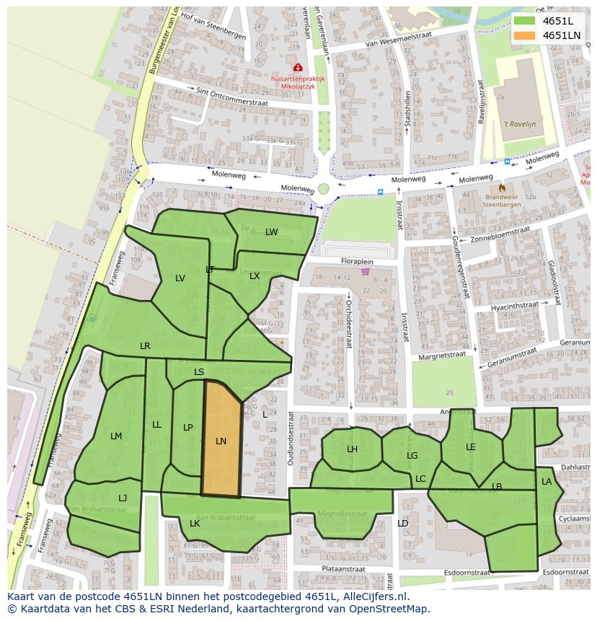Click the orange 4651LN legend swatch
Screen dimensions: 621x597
(x=526, y=35)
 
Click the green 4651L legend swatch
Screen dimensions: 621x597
(x=526, y=21)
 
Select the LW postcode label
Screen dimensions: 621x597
(x=271, y=232)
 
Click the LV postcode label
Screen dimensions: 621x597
(x=180, y=278)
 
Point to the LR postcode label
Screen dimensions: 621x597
(x=145, y=346)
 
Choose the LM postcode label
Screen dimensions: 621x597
(x=116, y=436)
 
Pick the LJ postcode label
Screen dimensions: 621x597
(x=123, y=498)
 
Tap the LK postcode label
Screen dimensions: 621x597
(x=195, y=524)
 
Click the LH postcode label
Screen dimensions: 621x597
(x=352, y=449)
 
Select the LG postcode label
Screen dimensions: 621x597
(x=412, y=456)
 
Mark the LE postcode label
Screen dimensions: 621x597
(x=471, y=447)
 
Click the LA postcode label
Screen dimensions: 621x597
(x=547, y=482)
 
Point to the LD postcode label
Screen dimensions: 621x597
(x=402, y=524)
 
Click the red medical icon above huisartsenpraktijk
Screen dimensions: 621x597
(x=298, y=67)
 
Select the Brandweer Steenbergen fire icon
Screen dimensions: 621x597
(x=502, y=188)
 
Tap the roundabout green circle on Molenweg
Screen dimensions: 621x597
(x=324, y=189)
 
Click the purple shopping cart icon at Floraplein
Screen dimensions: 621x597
(x=366, y=272)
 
